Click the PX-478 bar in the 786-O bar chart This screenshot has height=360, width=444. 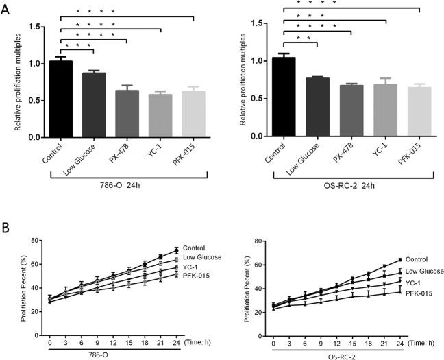point(127,114)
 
